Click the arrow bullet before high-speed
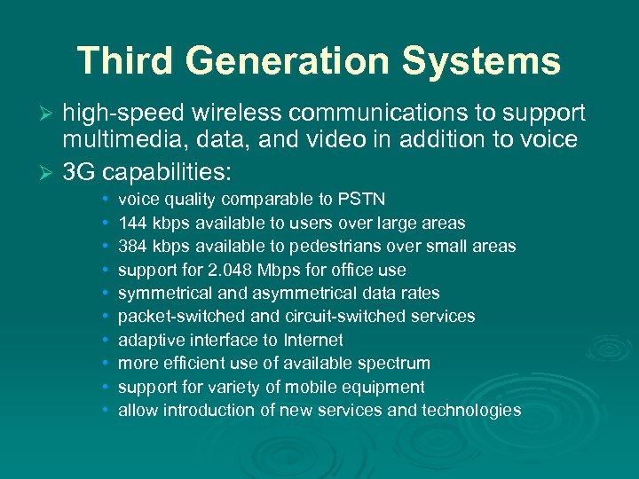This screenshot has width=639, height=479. tap(50, 114)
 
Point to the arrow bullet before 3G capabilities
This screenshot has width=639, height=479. tap(50, 169)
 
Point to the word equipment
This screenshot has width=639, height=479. tap(386, 387)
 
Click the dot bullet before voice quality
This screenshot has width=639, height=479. tap(106, 200)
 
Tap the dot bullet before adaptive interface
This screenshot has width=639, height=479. tap(106, 341)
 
